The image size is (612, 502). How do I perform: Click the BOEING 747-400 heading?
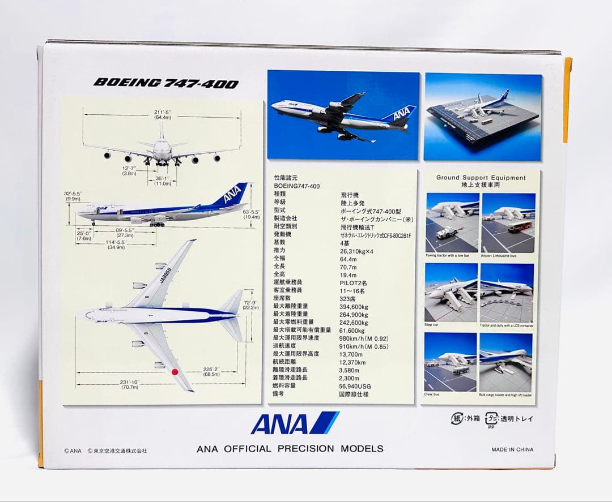[165, 83]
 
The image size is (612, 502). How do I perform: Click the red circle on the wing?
[175, 372]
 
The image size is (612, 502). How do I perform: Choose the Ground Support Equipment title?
[481, 178]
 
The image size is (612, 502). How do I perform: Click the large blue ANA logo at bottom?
[294, 423]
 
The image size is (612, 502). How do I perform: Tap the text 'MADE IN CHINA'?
[512, 450]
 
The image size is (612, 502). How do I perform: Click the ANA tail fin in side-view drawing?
[233, 195]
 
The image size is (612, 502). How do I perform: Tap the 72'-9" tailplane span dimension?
[250, 304]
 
